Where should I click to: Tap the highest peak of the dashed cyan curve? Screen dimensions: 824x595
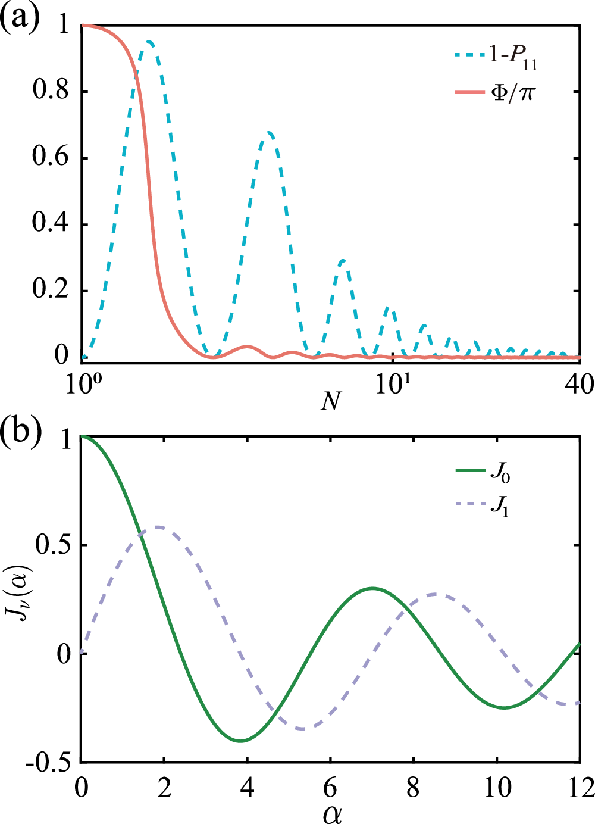point(149,41)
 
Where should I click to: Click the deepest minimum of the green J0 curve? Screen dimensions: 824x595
point(240,741)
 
